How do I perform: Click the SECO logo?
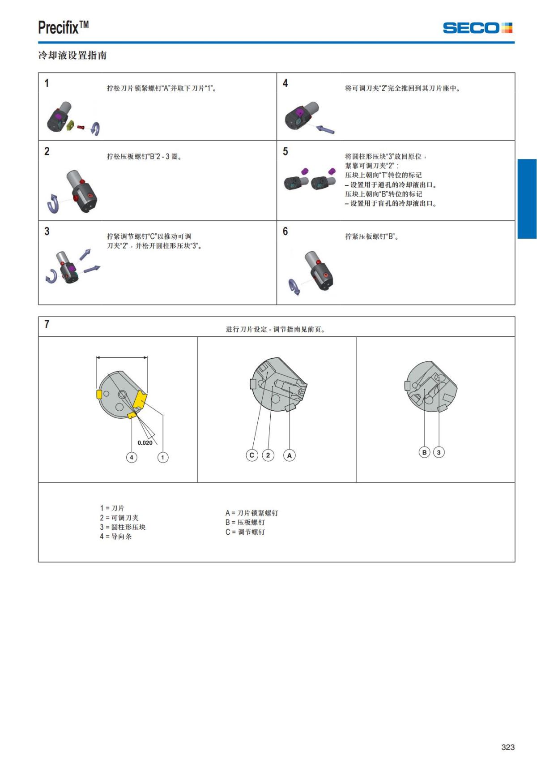477,28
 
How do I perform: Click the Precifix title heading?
63,28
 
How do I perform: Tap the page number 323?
508,747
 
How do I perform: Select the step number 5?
286,151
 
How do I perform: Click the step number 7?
47,324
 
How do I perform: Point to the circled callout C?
252,455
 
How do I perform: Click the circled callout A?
290,455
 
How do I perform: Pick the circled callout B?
424,452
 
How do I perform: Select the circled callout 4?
132,457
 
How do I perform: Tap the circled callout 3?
439,452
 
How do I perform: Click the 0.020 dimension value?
145,442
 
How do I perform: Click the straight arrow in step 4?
325,130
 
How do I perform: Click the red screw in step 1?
81,127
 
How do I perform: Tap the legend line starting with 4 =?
116,537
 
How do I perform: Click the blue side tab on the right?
527,199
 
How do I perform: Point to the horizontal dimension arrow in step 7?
122,357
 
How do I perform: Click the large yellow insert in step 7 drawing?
141,399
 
